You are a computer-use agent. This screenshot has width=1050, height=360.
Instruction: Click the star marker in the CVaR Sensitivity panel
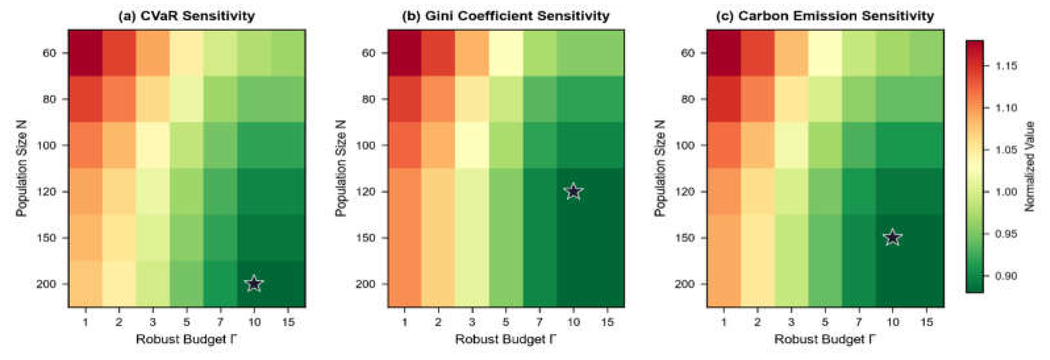coord(254,283)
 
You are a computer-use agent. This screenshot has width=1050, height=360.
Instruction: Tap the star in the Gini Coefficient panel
coord(573,191)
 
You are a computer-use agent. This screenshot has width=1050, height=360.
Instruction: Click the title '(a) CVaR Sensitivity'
coord(186,16)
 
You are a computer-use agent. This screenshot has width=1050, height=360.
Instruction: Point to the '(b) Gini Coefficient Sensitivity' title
coord(505,16)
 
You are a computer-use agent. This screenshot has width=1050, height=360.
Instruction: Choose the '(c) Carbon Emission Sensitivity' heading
coord(825,16)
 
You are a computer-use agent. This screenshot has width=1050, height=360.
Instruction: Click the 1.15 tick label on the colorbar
coord(1006,66)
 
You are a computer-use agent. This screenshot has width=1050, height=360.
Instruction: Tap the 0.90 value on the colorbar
coord(1006,276)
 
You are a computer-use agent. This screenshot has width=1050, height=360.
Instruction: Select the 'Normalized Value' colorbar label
coord(1030,166)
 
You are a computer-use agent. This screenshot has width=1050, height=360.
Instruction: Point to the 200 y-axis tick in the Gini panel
coord(365,284)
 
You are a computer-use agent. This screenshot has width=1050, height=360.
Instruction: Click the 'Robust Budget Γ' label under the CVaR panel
coord(186,339)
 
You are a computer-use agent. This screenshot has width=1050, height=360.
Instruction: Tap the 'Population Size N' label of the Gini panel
coord(341,168)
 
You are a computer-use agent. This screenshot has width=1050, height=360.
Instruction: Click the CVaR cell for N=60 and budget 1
coord(85,53)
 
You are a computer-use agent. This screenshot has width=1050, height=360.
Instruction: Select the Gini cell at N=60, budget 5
coord(505,53)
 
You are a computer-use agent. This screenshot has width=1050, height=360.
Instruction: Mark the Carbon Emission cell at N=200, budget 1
coord(723,284)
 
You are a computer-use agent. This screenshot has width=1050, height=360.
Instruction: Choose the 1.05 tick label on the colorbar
coord(1006,150)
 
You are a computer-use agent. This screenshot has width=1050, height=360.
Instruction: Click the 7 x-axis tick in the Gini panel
coord(539,322)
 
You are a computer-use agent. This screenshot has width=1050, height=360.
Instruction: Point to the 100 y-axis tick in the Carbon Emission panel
coord(684,145)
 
